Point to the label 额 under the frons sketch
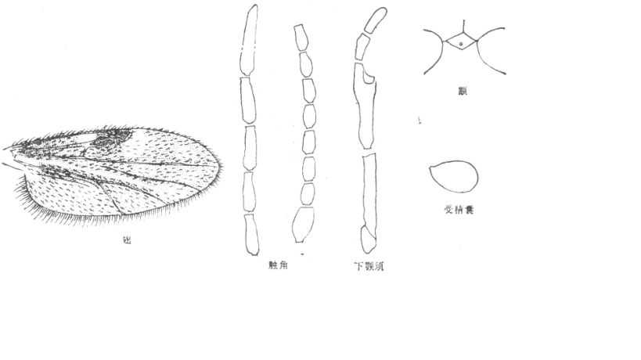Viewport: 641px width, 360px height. (463, 92)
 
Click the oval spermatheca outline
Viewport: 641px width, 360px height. (454, 177)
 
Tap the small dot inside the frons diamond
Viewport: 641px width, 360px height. (463, 44)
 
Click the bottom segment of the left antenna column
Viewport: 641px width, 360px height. (251, 234)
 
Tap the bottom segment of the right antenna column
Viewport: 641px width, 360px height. (303, 225)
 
